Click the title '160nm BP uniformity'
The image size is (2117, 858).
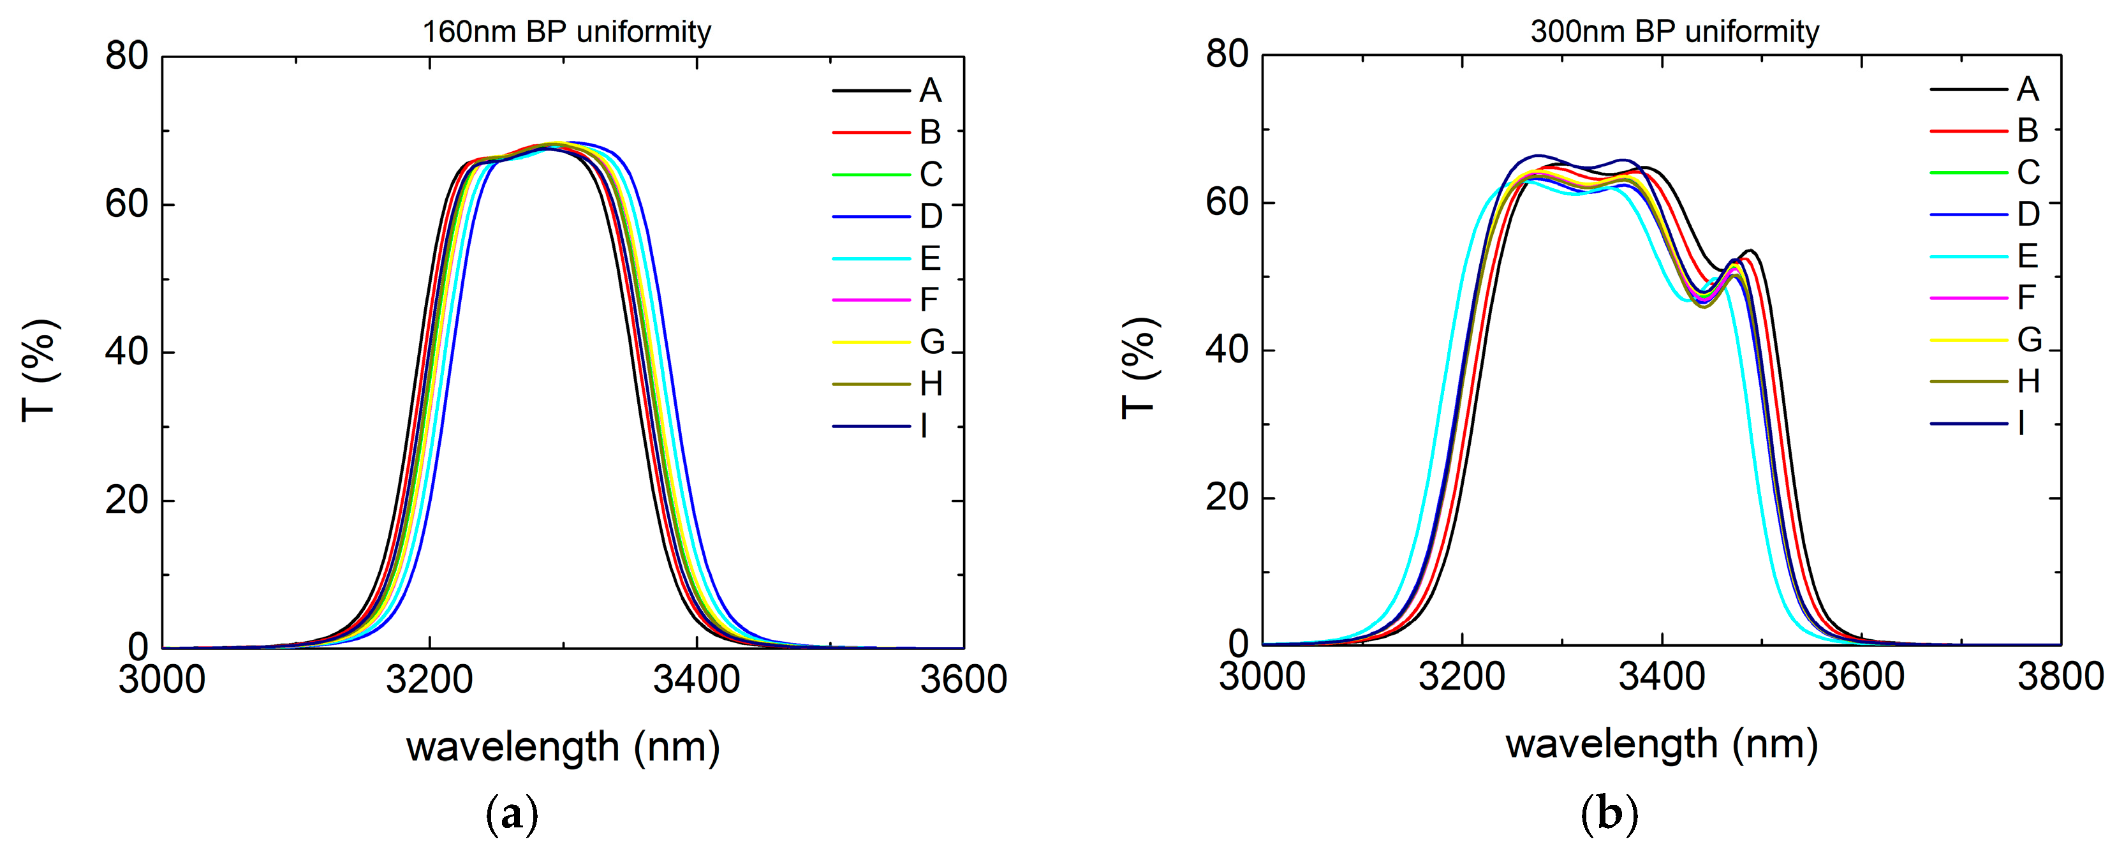(x=566, y=32)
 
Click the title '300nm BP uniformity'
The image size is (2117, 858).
(x=1674, y=32)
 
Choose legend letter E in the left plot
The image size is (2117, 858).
(x=929, y=259)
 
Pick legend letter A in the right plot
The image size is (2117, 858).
(x=2028, y=89)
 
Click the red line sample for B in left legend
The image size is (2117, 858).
(x=871, y=132)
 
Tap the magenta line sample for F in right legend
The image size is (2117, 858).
(x=1968, y=297)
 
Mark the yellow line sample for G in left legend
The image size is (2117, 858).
(x=871, y=342)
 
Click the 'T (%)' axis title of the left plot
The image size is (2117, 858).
(x=40, y=370)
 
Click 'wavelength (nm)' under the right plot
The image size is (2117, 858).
(x=1661, y=744)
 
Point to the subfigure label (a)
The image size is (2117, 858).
(x=512, y=815)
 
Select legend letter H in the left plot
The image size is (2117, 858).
(x=931, y=384)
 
